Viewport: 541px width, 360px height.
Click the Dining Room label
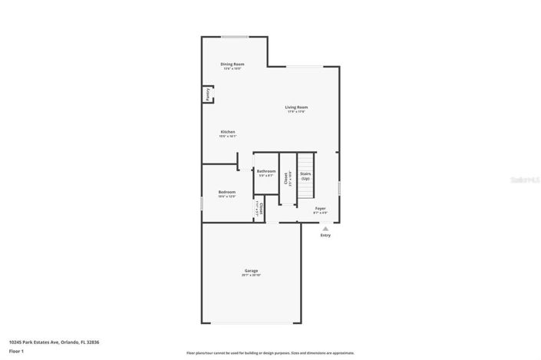point(233,64)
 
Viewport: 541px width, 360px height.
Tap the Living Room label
point(296,107)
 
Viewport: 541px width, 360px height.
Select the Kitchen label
point(228,131)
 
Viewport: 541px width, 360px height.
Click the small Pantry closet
point(207,94)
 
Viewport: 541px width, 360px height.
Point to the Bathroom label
point(266,171)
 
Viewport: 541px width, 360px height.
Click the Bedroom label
point(226,192)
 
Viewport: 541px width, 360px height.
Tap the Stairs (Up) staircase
point(305,175)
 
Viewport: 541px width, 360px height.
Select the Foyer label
point(320,208)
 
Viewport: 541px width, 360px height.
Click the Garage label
point(251,270)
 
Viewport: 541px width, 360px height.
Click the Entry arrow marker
point(325,228)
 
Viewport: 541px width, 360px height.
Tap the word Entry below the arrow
point(325,236)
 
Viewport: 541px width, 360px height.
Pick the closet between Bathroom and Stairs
point(286,180)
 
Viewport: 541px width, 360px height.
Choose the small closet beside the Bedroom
point(261,207)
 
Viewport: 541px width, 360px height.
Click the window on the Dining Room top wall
point(234,36)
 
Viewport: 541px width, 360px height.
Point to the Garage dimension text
point(251,275)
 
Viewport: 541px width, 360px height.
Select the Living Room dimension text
point(296,112)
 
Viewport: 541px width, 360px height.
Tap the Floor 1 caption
point(17,351)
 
